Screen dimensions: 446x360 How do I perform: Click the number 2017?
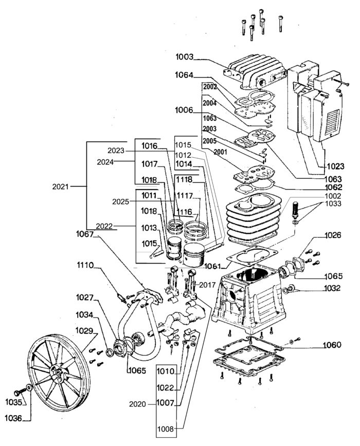207,285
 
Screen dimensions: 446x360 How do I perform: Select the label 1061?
211,266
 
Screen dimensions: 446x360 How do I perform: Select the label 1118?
185,179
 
